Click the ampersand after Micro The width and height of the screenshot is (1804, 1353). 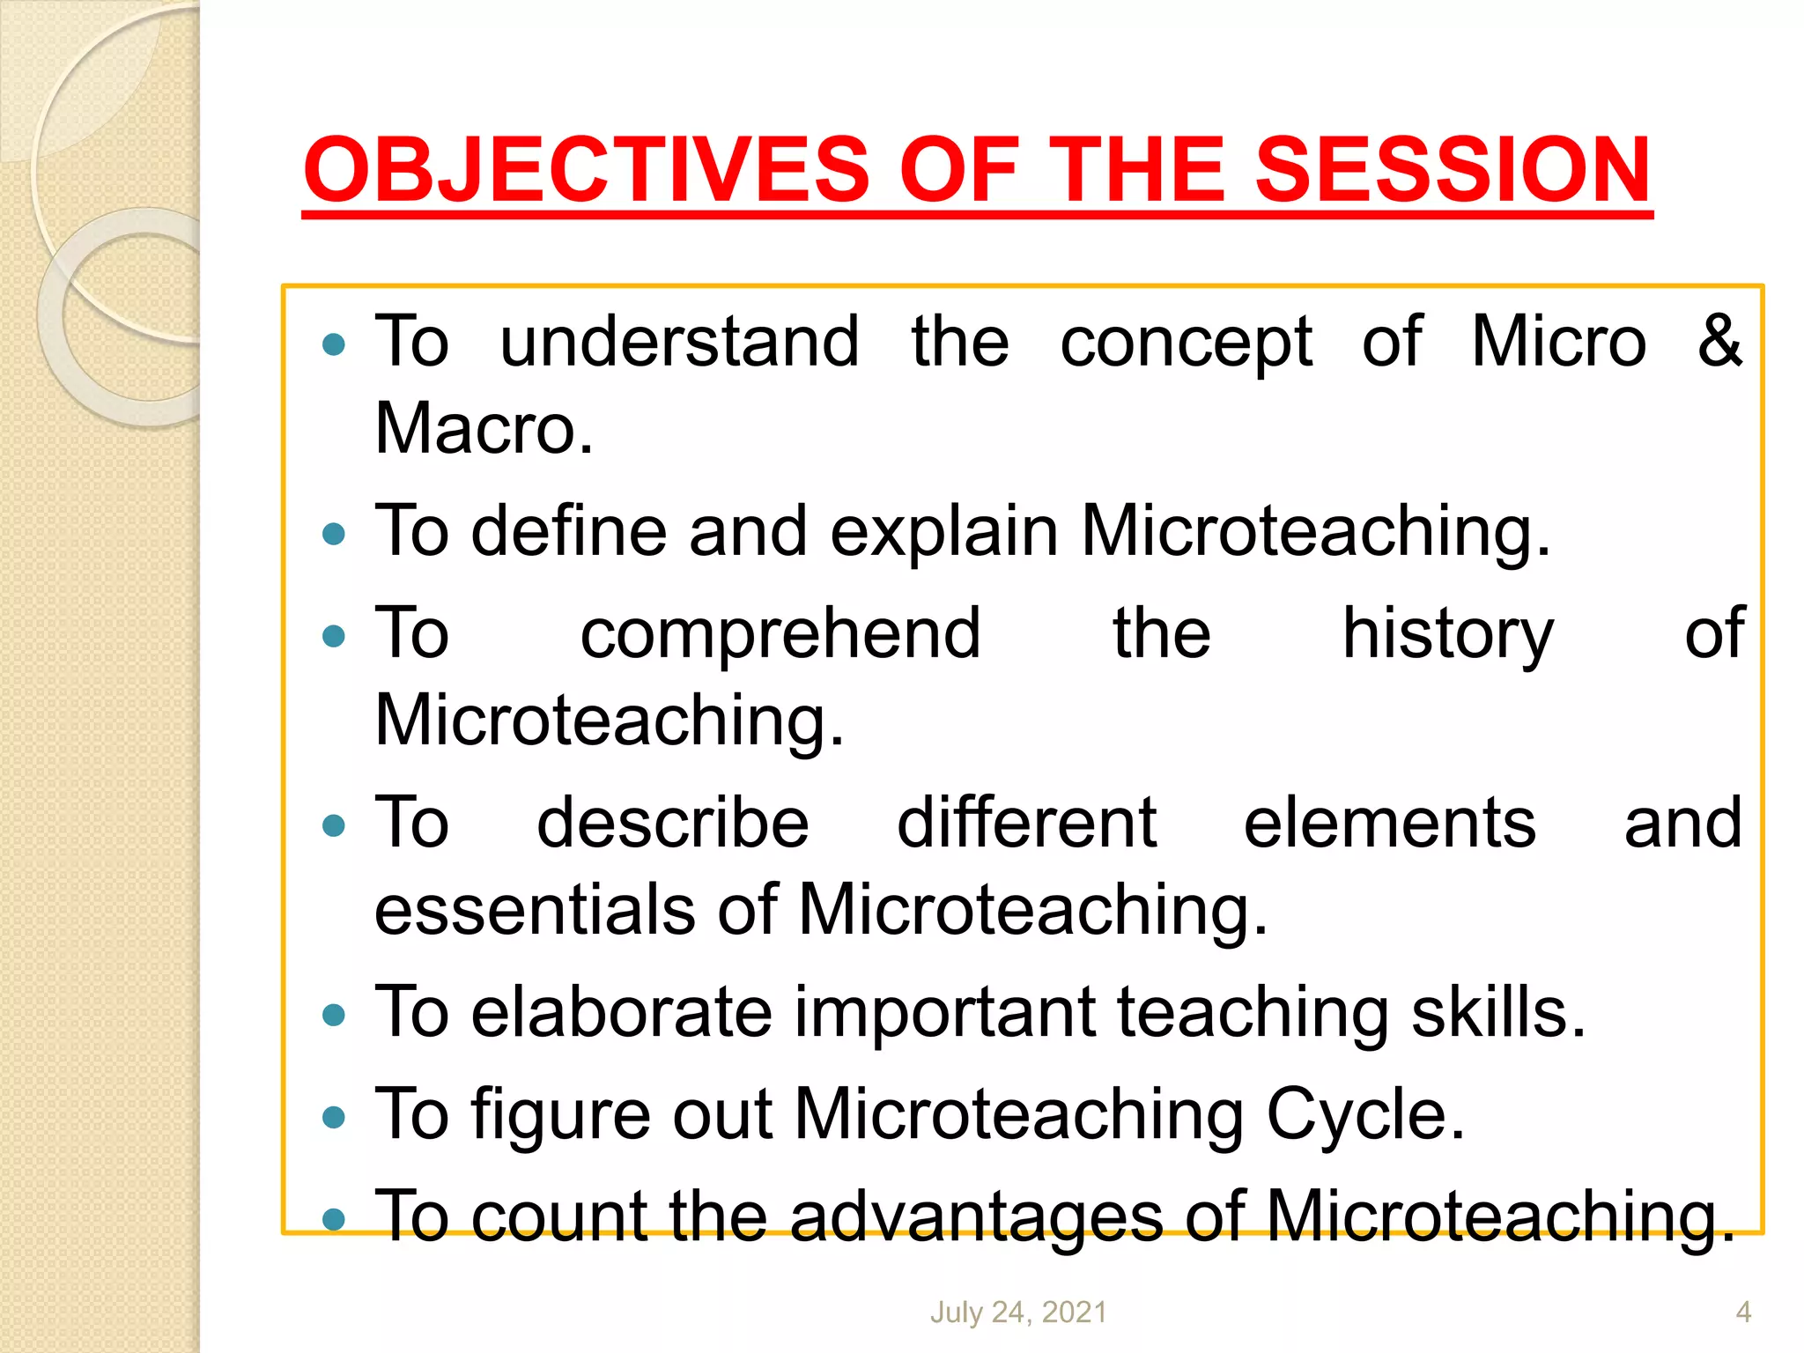click(x=1719, y=341)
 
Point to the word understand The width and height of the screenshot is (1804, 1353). click(x=679, y=342)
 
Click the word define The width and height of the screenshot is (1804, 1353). click(x=568, y=531)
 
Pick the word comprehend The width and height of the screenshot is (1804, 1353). click(x=780, y=634)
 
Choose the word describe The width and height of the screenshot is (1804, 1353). click(x=672, y=823)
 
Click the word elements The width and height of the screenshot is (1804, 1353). click(x=1389, y=823)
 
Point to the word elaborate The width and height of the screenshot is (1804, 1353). click(x=621, y=1012)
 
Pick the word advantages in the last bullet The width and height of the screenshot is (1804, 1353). click(x=975, y=1216)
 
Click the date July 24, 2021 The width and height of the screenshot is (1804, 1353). click(x=1018, y=1312)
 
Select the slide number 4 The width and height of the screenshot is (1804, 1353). click(x=1743, y=1312)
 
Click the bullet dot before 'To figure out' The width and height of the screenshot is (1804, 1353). click(x=334, y=1118)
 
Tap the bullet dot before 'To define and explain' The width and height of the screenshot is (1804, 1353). click(x=334, y=534)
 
